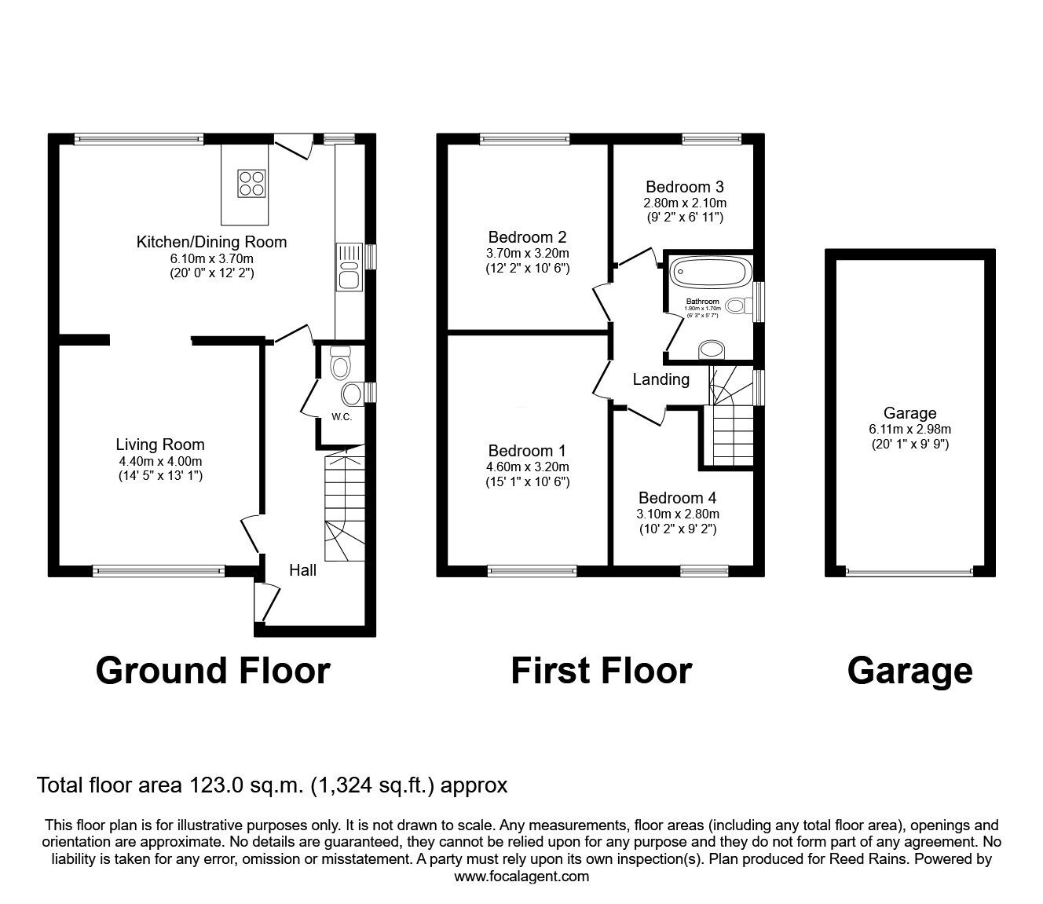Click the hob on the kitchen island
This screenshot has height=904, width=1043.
coord(251,183)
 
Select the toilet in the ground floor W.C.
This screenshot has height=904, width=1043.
coord(340,364)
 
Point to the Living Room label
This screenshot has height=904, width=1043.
coord(159,445)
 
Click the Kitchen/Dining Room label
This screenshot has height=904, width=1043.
coord(211,242)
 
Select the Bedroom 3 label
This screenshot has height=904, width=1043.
coord(684,187)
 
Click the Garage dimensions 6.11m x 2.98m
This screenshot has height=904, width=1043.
coord(909,429)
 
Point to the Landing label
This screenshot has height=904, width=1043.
coord(661,380)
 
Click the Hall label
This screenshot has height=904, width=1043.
coord(302,570)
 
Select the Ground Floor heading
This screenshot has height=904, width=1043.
coord(212,672)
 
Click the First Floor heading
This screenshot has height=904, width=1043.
coord(601,672)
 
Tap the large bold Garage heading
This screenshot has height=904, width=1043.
coord(909,672)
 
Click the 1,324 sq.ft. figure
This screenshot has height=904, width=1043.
coord(373,785)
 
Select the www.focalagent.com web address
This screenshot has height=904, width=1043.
coord(521,877)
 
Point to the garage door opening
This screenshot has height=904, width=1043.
coord(909,571)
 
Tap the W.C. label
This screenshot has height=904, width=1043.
coord(341,416)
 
